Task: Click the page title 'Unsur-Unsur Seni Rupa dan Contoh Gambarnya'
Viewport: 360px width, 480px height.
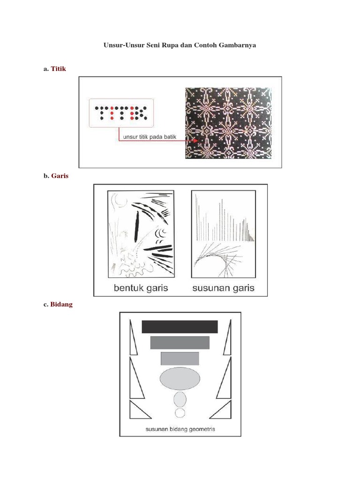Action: pos(180,45)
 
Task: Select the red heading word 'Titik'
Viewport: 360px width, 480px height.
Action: pos(58,68)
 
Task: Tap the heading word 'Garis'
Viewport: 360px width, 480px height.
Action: pos(60,176)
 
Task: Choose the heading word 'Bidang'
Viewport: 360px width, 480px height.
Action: pos(61,304)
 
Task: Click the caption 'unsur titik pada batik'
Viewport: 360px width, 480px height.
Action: pos(150,137)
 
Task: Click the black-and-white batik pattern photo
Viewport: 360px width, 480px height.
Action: pos(228,123)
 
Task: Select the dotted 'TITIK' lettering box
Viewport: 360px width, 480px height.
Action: pos(121,113)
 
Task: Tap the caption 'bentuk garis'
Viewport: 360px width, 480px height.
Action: pos(141,288)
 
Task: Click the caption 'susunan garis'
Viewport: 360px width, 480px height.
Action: pos(224,288)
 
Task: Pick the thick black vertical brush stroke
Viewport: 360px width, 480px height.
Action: pos(136,226)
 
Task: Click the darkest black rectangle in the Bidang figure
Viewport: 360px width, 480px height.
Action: pos(180,327)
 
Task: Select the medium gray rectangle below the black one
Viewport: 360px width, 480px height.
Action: pos(180,343)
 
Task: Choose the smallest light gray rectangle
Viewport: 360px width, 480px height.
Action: pos(180,359)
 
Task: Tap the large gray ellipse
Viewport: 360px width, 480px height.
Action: pos(180,378)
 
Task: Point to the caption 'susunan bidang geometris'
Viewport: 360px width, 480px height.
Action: pos(180,429)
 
